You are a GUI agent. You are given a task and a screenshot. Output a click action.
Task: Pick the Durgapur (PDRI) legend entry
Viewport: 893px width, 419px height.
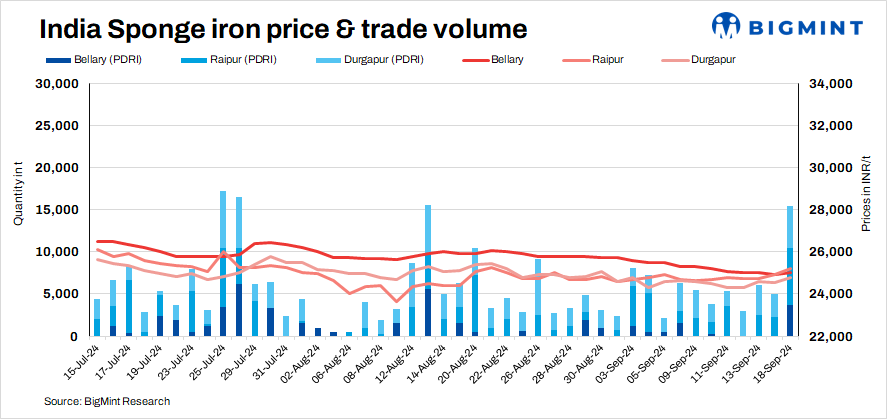[375, 60]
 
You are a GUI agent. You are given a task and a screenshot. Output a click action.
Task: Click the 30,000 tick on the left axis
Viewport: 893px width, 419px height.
[59, 84]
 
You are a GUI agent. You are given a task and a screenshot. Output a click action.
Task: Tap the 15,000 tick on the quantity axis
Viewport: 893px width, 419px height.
[59, 210]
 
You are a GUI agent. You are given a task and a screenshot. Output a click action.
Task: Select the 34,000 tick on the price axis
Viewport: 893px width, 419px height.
[828, 84]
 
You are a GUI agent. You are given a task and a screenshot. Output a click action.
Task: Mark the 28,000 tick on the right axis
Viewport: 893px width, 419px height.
[828, 210]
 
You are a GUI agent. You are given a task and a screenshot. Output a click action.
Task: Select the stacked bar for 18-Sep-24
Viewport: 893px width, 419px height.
[790, 270]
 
